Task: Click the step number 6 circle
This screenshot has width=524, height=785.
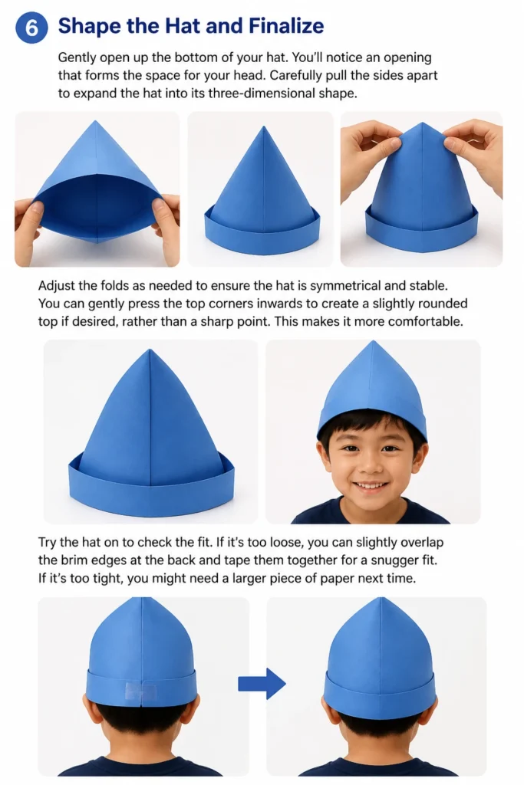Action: pos(31,28)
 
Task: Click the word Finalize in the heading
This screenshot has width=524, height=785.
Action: pos(286,25)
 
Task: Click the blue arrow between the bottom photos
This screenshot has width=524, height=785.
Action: pos(262,683)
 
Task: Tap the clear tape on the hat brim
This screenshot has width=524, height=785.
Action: pos(140,691)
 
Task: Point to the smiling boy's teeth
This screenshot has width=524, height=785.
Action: pos(371,485)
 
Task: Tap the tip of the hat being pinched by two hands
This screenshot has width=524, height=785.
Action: pos(422,124)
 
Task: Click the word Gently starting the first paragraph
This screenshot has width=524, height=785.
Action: pos(77,58)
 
